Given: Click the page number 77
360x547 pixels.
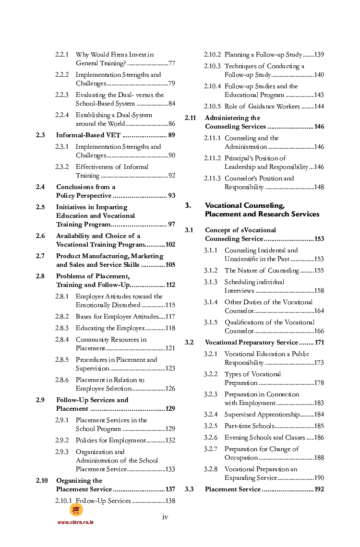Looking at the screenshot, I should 171,63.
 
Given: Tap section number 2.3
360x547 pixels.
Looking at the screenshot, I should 40,135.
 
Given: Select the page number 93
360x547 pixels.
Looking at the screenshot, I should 171,196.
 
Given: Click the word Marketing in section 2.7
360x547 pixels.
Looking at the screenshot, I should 147,256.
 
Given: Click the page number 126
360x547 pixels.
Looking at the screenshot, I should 170,389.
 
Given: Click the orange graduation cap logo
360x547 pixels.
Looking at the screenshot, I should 76,510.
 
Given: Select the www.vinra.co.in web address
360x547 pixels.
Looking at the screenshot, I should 75,522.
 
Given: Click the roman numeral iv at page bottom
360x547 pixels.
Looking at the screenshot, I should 165,517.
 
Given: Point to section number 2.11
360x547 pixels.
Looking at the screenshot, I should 191,118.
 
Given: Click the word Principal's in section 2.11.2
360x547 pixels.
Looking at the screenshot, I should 242,158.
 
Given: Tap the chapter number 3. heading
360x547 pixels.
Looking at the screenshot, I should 188,205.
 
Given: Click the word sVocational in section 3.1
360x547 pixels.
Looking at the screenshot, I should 254,230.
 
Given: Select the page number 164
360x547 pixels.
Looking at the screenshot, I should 319,311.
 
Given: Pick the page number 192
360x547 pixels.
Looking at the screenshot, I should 319,489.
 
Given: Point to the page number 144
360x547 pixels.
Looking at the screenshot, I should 319,107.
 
